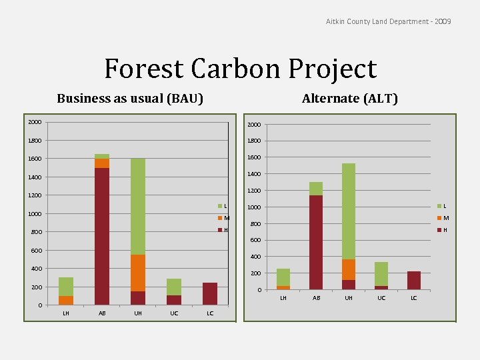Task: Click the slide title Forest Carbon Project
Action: point(240,69)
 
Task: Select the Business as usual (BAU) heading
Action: point(130,99)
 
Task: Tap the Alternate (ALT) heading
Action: point(349,99)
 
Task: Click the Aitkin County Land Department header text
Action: point(388,22)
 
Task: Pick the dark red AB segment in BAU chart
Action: point(102,236)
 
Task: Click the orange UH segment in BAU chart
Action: point(138,273)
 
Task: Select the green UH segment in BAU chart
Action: point(138,207)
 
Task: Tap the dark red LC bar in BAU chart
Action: point(210,294)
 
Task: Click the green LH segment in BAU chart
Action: point(66,287)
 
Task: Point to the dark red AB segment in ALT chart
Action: point(316,243)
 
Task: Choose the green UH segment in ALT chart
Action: point(349,211)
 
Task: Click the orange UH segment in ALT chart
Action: point(349,269)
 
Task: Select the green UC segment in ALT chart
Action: point(381,274)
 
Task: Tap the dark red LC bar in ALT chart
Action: point(414,281)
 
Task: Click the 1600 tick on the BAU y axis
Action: point(35,159)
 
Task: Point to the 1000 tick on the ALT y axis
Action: point(254,207)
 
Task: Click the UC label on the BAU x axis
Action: point(174,313)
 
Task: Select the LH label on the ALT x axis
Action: point(283,298)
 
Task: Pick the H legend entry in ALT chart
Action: point(443,230)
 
